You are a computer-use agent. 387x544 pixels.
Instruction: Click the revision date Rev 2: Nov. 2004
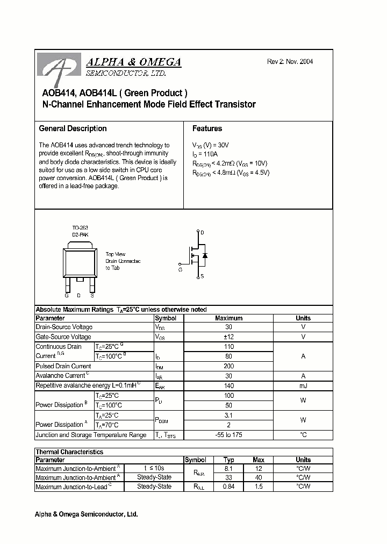290,62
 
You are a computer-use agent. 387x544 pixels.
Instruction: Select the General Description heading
73,128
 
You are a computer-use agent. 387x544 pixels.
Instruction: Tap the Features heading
207,128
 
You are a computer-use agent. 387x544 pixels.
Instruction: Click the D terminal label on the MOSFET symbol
202,232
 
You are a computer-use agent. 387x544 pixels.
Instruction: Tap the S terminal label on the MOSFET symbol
202,276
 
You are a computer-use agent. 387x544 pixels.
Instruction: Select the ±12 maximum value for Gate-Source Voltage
228,337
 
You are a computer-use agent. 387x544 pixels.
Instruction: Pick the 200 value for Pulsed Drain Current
228,366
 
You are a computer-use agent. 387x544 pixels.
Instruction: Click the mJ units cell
303,385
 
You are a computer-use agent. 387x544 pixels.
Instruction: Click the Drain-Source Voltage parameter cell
64,327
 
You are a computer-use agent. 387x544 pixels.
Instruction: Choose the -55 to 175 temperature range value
228,435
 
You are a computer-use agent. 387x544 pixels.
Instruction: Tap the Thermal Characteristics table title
69,452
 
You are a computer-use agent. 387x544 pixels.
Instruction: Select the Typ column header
228,460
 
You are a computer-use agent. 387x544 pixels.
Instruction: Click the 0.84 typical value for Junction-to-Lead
228,486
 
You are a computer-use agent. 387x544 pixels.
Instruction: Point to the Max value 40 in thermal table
259,477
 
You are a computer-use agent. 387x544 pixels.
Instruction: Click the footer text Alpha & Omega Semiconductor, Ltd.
87,514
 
